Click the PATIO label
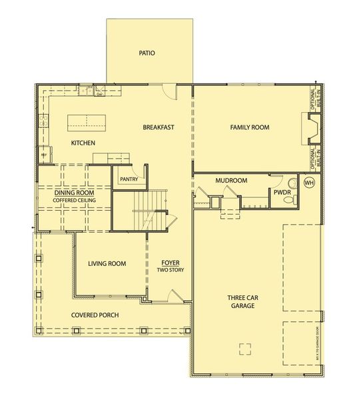point(147,53)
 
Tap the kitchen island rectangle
point(87,121)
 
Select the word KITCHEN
point(83,143)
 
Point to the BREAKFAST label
point(159,127)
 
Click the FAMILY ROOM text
point(249,127)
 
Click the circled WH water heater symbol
point(309,182)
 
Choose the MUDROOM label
point(231,181)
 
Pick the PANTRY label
point(128,179)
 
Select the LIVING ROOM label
point(107,263)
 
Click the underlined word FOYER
point(171,263)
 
